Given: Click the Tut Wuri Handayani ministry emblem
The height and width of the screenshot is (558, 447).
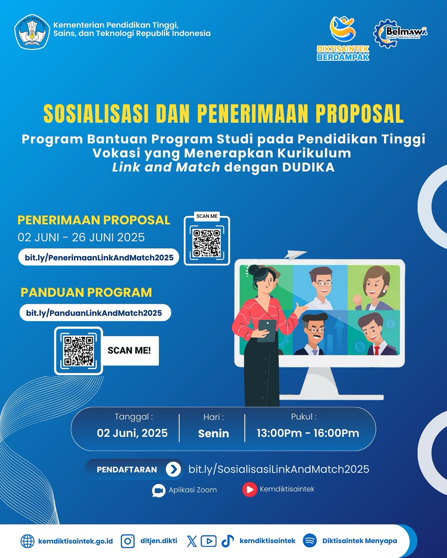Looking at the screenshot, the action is [32, 32].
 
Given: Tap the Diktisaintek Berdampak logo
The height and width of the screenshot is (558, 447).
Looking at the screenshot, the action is [343, 38].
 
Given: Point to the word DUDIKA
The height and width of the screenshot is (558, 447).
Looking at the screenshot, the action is [308, 167].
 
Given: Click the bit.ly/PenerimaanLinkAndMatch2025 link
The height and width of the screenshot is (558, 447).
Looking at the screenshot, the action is [99, 257].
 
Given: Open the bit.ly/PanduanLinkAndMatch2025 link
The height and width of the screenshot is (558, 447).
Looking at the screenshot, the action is [94, 313].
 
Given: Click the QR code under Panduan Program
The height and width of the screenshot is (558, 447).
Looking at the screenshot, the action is [78, 351].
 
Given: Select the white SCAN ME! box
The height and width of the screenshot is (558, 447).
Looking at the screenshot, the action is [129, 351].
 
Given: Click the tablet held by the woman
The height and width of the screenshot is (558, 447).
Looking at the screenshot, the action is [267, 331].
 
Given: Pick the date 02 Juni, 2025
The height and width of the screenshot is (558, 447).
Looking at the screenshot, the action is [132, 433].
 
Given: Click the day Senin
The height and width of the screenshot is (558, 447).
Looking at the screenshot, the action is [214, 433].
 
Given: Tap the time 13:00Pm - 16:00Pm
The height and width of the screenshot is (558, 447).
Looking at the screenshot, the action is [308, 433].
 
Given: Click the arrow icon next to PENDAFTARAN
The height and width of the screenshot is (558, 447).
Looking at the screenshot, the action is [173, 469].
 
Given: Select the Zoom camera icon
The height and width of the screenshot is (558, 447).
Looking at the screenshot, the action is [159, 491].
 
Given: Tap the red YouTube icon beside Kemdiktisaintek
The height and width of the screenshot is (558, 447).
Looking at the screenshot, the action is [250, 490].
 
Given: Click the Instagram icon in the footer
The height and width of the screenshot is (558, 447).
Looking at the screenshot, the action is [127, 541].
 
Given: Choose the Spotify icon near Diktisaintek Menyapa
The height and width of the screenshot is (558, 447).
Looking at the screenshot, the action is [310, 541].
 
